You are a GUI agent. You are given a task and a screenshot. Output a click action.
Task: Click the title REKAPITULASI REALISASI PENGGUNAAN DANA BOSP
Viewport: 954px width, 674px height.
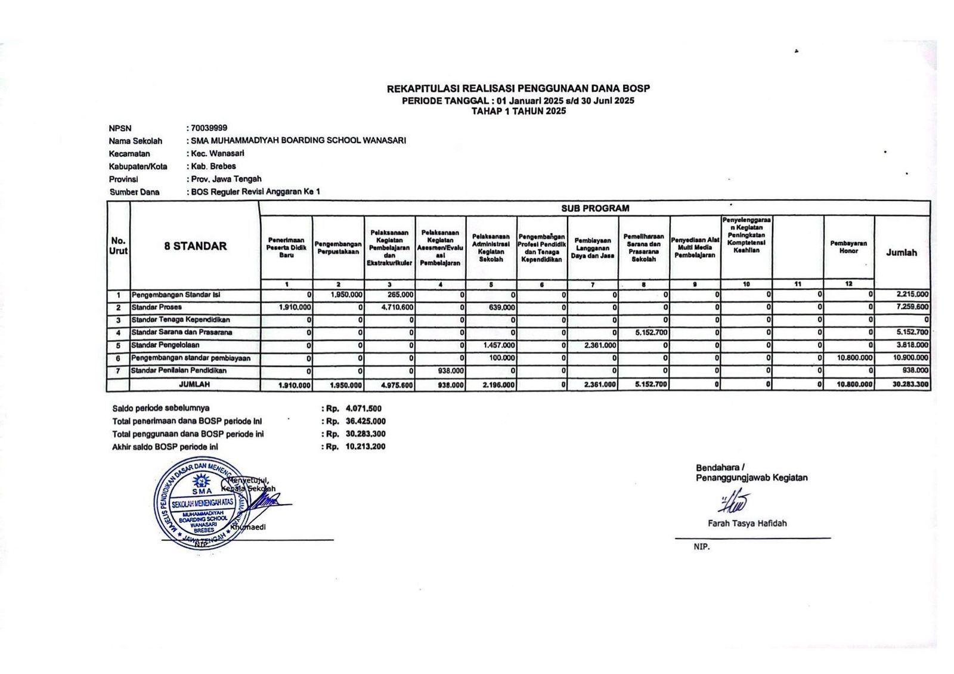pos(518,88)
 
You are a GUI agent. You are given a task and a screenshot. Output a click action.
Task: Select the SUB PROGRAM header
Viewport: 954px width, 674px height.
pos(594,208)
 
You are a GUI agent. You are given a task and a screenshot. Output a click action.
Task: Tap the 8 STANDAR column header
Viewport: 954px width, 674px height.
pos(195,246)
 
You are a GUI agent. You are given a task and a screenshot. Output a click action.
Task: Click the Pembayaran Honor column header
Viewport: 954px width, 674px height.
pos(848,247)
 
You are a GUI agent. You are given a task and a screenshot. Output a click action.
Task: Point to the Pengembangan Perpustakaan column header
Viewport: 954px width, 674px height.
pos(338,248)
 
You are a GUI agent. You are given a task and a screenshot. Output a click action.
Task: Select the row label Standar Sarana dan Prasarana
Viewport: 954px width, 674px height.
pos(182,332)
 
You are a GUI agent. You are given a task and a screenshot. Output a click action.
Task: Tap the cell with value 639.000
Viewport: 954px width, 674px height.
pos(501,307)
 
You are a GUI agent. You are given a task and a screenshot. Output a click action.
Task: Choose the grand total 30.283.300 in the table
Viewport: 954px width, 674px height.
pos(910,385)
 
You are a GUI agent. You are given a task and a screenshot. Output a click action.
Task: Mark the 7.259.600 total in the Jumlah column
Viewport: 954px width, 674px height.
pos(912,307)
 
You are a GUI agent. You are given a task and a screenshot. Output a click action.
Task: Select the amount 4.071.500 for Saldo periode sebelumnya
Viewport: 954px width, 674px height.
pos(364,409)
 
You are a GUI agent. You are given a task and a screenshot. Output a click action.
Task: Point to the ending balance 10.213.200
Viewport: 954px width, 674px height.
pos(365,446)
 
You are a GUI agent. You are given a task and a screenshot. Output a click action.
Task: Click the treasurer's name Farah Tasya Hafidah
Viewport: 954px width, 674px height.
pos(747,524)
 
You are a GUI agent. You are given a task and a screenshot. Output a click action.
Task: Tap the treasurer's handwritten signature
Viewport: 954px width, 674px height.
pos(734,502)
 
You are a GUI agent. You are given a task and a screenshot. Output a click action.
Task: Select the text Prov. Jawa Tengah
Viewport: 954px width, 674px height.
pos(226,179)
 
